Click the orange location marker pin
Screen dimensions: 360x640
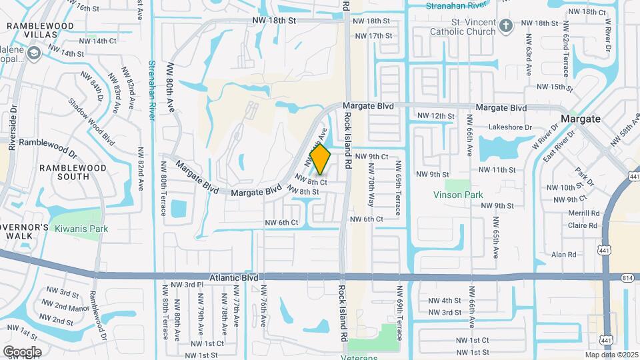pyautogui.click(x=321, y=159)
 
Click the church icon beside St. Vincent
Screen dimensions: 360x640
pyautogui.click(x=506, y=26)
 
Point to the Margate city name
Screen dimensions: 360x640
pyautogui.click(x=581, y=119)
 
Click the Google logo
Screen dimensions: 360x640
pyautogui.click(x=22, y=351)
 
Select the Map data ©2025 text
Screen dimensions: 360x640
pyautogui.click(x=611, y=355)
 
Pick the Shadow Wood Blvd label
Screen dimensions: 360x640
pyautogui.click(x=91, y=121)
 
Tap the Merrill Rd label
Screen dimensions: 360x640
pyautogui.click(x=584, y=213)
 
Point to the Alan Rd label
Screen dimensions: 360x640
pyautogui.click(x=564, y=255)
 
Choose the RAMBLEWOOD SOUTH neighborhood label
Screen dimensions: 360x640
pyautogui.click(x=64, y=172)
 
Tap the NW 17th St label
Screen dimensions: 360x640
pyautogui.click(x=373, y=35)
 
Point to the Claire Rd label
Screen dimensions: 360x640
pyautogui.click(x=583, y=225)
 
